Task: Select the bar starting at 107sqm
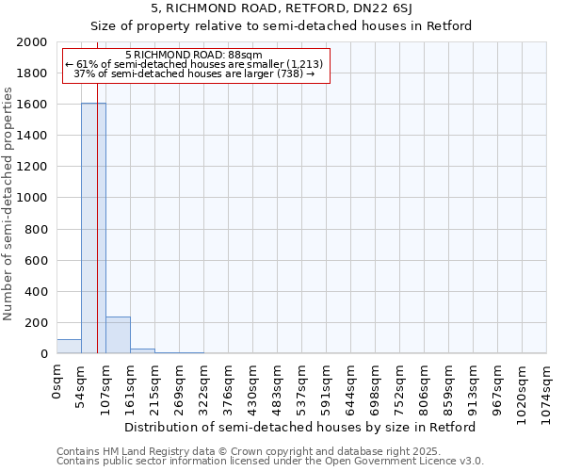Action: coord(118,335)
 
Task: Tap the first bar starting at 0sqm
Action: coord(69,347)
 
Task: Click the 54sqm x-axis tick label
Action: coord(82,386)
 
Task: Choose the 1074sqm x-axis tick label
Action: coord(547,392)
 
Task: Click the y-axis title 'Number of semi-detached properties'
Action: coord(8,203)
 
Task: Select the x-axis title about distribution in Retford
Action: coord(300,427)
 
